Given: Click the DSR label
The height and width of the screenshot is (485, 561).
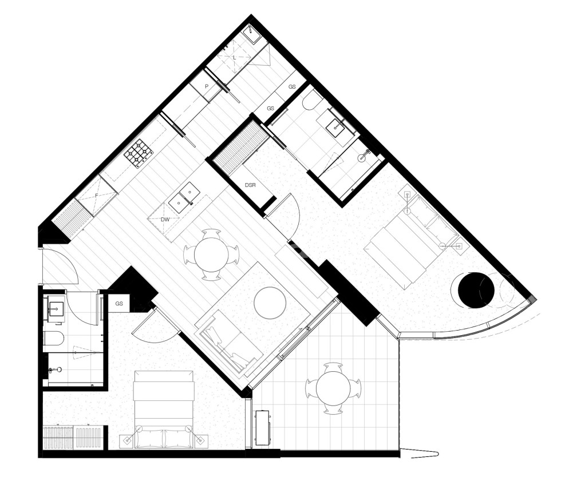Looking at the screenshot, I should (x=250, y=185).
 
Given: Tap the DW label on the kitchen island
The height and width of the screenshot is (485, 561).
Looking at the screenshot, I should (x=165, y=219).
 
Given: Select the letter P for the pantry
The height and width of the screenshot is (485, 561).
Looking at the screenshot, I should (x=206, y=86).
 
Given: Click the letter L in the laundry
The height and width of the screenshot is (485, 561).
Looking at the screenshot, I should (x=234, y=58).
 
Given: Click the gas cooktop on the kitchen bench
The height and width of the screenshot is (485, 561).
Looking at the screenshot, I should (x=139, y=153).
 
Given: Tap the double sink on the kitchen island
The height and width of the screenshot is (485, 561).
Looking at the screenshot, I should (x=183, y=197).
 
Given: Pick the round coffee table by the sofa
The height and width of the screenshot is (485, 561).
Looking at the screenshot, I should (x=270, y=303).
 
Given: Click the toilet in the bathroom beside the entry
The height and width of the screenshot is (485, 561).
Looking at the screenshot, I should (x=53, y=339).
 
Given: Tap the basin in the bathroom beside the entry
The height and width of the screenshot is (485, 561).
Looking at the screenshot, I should (x=56, y=309).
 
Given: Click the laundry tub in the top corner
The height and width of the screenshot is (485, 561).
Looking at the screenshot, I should (x=251, y=33).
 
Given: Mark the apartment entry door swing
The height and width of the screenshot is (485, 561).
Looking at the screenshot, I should (x=59, y=267).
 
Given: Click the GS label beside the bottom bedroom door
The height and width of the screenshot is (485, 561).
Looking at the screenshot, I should (x=119, y=304).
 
